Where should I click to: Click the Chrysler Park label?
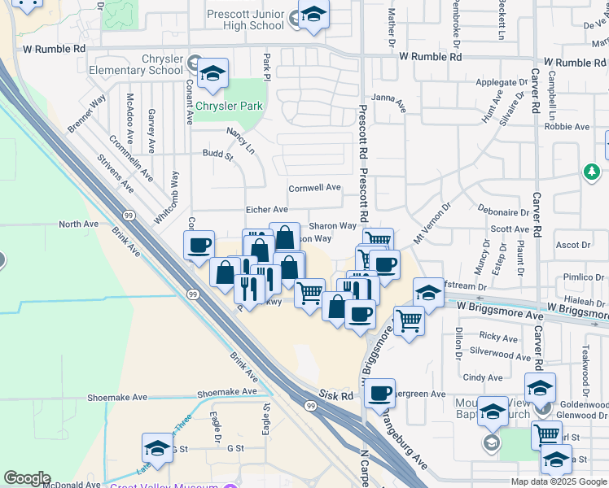(x=229, y=106)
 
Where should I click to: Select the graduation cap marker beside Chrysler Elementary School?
(x=212, y=73)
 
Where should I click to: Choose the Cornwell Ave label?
(x=314, y=187)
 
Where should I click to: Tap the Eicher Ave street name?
(x=267, y=210)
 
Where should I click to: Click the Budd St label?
(x=218, y=153)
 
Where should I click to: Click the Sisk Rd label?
(x=336, y=394)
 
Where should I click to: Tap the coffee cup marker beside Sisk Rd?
(x=379, y=394)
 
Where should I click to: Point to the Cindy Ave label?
(x=482, y=377)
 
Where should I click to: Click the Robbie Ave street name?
(x=567, y=126)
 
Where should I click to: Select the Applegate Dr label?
(x=502, y=83)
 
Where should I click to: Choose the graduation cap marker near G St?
(x=157, y=448)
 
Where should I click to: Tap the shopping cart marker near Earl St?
(x=547, y=434)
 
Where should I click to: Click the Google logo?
(x=28, y=478)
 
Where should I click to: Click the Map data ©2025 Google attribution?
(x=557, y=481)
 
